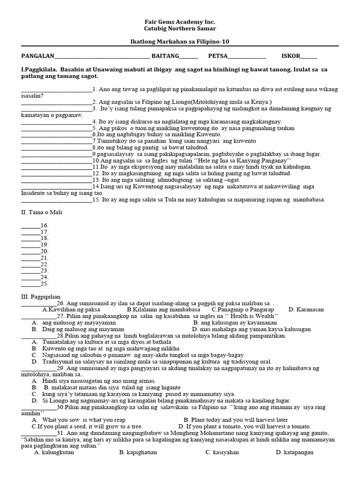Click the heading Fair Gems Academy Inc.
point(180,22)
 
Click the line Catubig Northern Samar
point(180,29)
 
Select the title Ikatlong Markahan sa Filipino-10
point(180,42)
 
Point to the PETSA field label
point(217,56)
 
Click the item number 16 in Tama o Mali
point(45,225)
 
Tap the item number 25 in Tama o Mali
point(45,283)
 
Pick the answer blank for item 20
point(30,251)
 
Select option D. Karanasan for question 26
point(306,310)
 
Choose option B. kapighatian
point(138,452)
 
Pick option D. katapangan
point(295,452)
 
